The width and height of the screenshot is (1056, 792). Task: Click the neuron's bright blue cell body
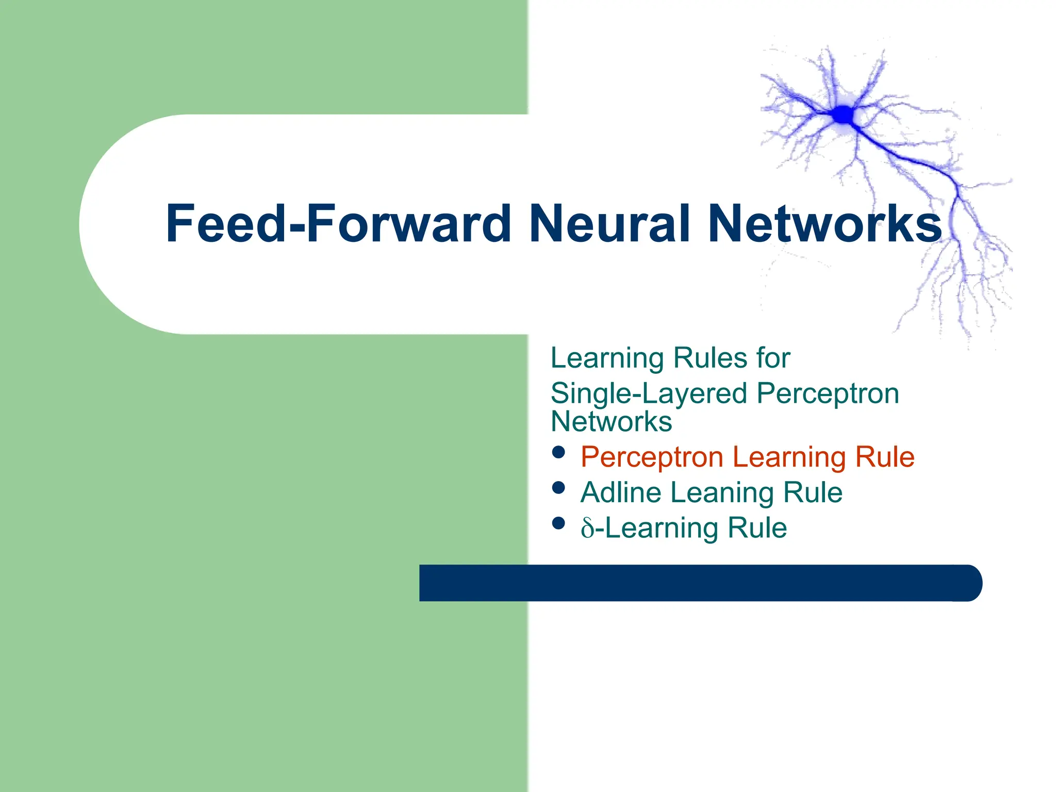click(x=843, y=114)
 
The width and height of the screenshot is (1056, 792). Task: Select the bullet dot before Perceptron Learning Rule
click(x=558, y=452)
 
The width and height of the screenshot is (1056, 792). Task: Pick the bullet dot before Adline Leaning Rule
click(x=558, y=488)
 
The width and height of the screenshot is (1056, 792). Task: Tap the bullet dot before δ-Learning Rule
click(x=558, y=523)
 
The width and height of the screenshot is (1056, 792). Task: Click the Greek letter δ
click(x=587, y=529)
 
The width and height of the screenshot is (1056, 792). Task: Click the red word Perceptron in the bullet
click(x=652, y=457)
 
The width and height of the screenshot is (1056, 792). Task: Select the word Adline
click(x=621, y=492)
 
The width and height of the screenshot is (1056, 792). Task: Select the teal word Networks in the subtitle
click(x=611, y=422)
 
